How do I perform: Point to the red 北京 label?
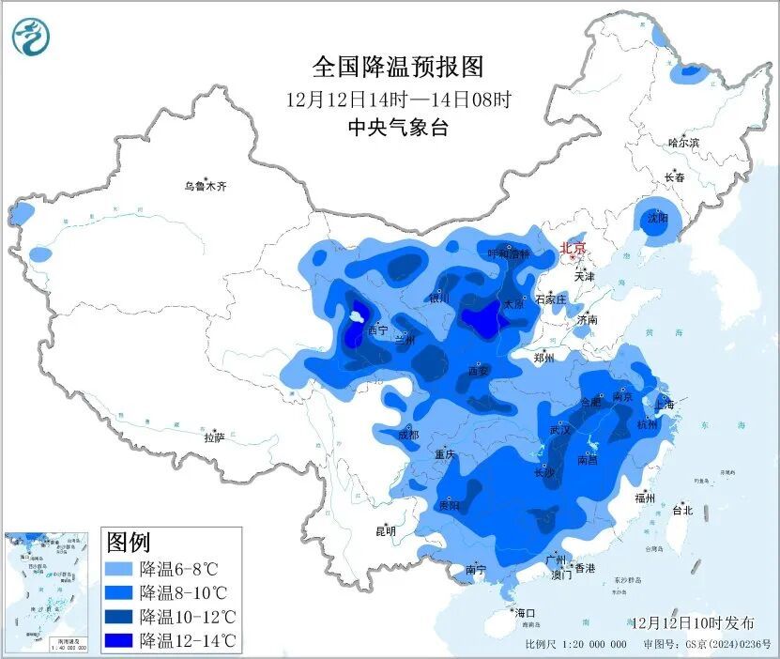[x=573, y=249]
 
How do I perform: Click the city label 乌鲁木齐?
[x=205, y=187]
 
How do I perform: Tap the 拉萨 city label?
[x=214, y=437]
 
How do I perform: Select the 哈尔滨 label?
[x=683, y=143]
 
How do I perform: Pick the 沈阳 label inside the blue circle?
[x=657, y=218]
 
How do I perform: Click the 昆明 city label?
[x=386, y=530]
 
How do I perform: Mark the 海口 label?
[x=525, y=613]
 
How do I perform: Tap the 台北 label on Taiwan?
[x=681, y=511]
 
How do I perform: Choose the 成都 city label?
[x=408, y=435]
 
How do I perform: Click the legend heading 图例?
[x=129, y=542]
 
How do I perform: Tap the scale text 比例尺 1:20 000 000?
[x=575, y=645]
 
